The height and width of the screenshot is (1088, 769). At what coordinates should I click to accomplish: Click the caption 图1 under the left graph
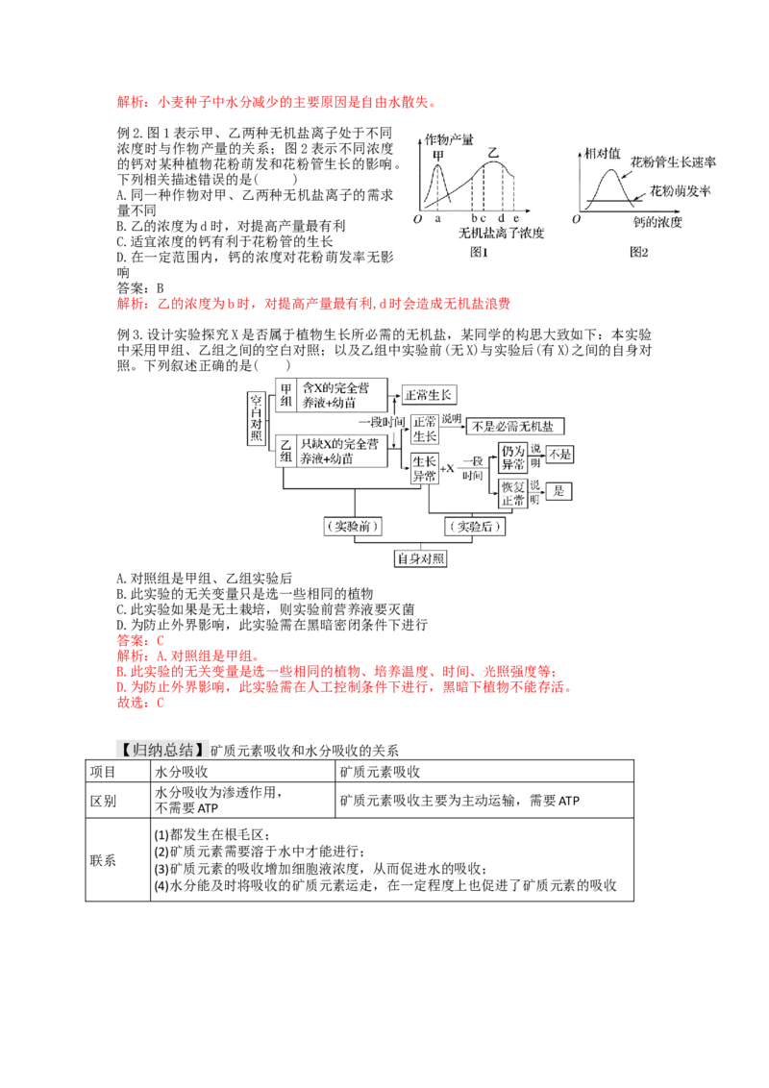pyautogui.click(x=479, y=252)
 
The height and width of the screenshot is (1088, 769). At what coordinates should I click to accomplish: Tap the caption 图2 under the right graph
pyautogui.click(x=638, y=252)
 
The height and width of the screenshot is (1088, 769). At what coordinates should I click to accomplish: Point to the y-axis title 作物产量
pyautogui.click(x=449, y=139)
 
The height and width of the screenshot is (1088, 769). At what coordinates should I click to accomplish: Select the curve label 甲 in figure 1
pyautogui.click(x=438, y=156)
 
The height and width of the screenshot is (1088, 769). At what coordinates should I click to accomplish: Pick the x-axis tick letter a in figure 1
pyautogui.click(x=438, y=218)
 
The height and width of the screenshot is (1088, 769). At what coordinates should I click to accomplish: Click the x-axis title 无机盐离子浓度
pyautogui.click(x=501, y=234)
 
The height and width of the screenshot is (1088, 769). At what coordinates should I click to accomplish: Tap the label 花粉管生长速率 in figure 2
pyautogui.click(x=673, y=162)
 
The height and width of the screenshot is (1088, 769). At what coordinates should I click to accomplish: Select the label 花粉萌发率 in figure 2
pyautogui.click(x=681, y=191)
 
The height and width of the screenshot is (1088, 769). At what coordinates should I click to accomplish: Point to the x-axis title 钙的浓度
pyautogui.click(x=657, y=222)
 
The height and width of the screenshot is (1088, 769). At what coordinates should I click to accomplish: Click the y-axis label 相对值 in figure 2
pyautogui.click(x=602, y=154)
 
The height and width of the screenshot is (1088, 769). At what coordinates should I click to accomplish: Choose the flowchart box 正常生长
pyautogui.click(x=428, y=395)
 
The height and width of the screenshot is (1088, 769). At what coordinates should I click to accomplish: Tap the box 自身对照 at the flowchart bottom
pyautogui.click(x=421, y=558)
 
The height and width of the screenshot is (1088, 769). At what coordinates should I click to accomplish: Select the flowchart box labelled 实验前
pyautogui.click(x=354, y=526)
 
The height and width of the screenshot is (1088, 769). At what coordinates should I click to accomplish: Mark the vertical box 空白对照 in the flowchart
pyautogui.click(x=257, y=418)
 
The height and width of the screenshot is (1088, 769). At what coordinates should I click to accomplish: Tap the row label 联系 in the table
pyautogui.click(x=103, y=860)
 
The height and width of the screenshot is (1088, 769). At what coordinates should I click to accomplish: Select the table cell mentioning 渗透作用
pyautogui.click(x=243, y=800)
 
